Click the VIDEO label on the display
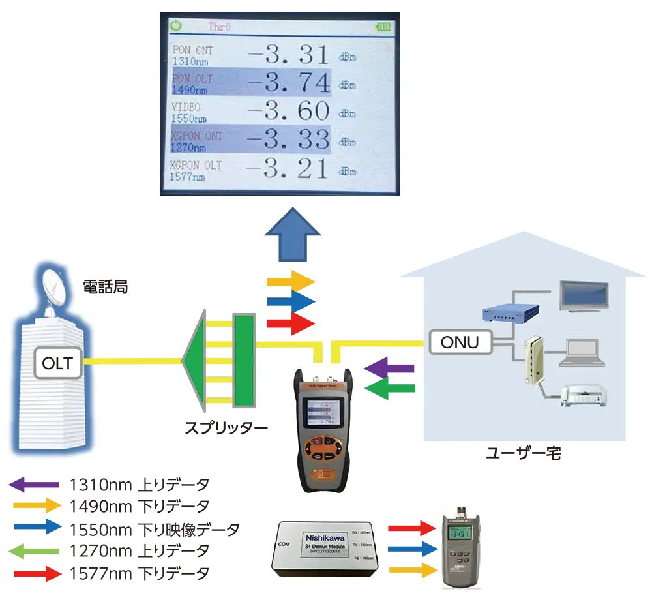click(186, 107)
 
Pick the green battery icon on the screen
click(385, 27)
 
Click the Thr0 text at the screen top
click(219, 27)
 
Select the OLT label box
click(58, 363)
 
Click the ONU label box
click(460, 342)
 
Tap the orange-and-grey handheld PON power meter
click(325, 429)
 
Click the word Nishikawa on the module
click(326, 537)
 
